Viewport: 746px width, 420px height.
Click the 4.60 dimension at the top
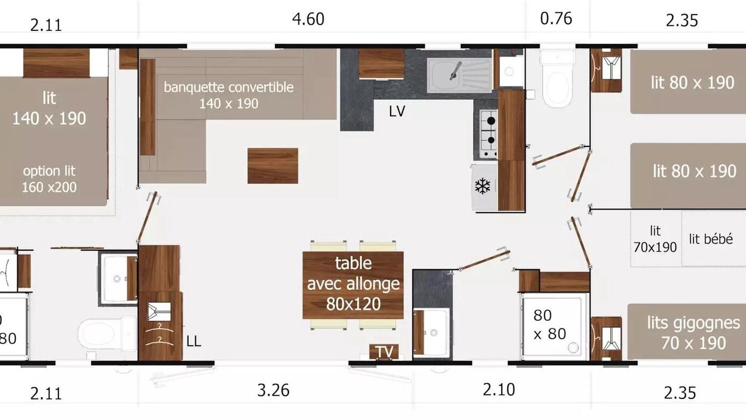coord(308,19)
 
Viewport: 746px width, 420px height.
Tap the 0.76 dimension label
coord(556,18)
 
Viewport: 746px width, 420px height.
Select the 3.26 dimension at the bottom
coord(273,390)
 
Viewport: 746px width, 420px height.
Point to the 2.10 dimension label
coord(499,390)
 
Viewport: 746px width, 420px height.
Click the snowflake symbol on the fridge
coord(483,186)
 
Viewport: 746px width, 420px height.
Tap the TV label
coord(385,352)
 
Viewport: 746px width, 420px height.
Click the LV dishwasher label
coord(397,111)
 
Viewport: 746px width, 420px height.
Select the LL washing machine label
coord(193,341)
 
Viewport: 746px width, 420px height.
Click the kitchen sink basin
coord(459,75)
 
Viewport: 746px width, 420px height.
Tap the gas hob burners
coord(489,134)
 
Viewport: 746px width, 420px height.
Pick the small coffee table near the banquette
coord(273,166)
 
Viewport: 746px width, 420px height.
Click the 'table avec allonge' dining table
coord(353,285)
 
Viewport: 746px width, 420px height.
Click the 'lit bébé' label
coord(710,239)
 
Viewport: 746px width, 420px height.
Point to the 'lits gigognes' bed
coord(687,332)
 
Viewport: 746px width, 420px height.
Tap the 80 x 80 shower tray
coord(552,327)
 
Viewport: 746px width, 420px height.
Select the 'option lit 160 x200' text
coord(49,179)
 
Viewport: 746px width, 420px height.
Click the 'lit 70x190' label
coord(655,239)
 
